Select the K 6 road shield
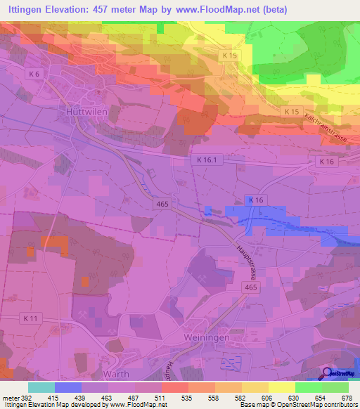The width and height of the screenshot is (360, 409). (x=35, y=73)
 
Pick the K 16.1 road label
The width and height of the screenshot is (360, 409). (x=205, y=161)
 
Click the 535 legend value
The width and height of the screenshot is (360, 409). (x=187, y=397)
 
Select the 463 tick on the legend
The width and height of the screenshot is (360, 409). (x=107, y=397)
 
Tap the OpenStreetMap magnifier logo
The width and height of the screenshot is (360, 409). (x=328, y=373)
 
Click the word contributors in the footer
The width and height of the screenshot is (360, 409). (x=337, y=405)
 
